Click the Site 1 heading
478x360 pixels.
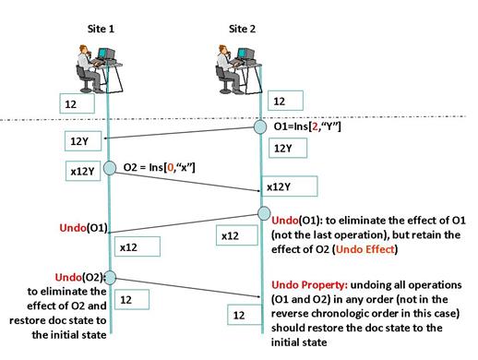coord(101,29)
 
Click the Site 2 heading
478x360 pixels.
coord(242,29)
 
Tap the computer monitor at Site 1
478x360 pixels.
coord(106,54)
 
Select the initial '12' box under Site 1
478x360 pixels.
coord(77,103)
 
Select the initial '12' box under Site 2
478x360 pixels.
coord(285,101)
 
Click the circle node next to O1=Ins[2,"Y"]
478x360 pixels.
coord(260,127)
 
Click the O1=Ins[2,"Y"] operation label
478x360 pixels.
coord(307,126)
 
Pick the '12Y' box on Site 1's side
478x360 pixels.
coord(83,141)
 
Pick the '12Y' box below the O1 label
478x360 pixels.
coord(288,148)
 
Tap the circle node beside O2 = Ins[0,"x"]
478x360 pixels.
coord(110,168)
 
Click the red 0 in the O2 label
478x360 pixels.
coord(170,167)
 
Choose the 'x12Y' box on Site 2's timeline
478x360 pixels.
coord(289,186)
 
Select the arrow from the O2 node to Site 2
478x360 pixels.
coord(187,182)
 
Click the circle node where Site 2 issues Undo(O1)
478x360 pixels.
coord(264,213)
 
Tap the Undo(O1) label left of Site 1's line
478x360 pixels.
coord(83,228)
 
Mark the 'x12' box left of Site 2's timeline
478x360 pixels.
coord(237,235)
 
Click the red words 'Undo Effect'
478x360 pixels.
coord(364,249)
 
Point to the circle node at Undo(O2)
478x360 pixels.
coord(110,278)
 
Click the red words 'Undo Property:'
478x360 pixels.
coord(310,285)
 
